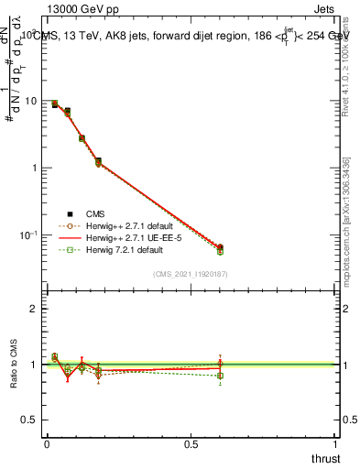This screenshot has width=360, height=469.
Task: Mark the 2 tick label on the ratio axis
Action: click(x=34, y=310)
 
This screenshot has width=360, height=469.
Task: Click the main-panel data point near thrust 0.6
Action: click(x=220, y=247)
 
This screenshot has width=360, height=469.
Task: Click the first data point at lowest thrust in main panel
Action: click(x=55, y=104)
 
